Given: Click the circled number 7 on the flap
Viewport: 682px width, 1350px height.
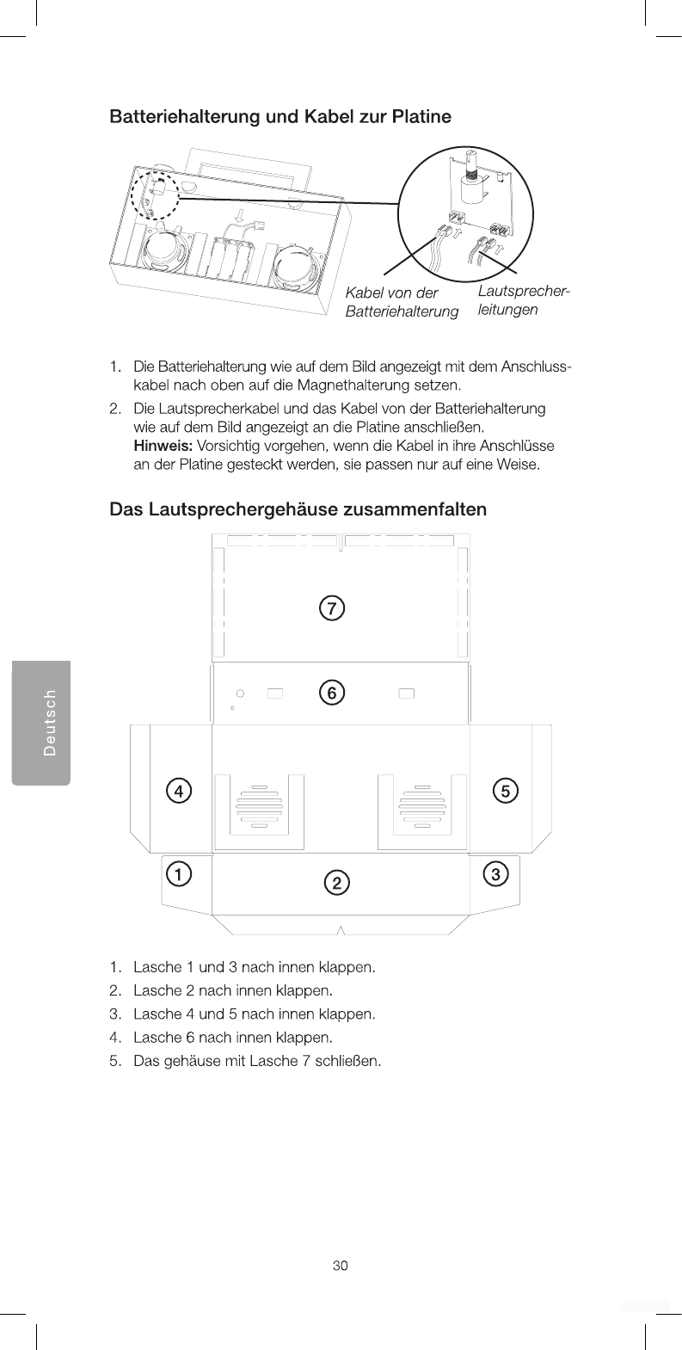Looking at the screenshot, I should pyautogui.click(x=331, y=607).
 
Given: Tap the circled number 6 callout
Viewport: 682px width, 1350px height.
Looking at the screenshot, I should pyautogui.click(x=331, y=692).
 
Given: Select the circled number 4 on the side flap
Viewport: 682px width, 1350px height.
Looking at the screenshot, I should pyautogui.click(x=178, y=790).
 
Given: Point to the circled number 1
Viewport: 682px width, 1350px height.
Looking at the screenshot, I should pyautogui.click(x=178, y=874).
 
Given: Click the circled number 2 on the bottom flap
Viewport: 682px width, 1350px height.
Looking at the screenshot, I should pyautogui.click(x=337, y=883).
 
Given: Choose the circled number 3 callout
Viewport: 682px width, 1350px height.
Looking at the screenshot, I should pyautogui.click(x=496, y=874).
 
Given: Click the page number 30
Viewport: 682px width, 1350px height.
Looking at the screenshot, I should pyautogui.click(x=341, y=1266).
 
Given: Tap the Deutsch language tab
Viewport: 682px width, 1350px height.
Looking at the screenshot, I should pyautogui.click(x=41, y=723).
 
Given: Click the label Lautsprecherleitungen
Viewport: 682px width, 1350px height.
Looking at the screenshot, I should pyautogui.click(x=524, y=300).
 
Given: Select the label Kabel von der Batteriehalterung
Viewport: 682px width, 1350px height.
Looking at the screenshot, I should pyautogui.click(x=401, y=302).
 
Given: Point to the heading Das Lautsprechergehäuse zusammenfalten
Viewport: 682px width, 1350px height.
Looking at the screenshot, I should pyautogui.click(x=298, y=509).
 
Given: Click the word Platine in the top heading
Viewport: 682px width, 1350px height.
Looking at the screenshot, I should pyautogui.click(x=421, y=116).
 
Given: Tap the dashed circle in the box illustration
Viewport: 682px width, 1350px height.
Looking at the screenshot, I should pyautogui.click(x=154, y=194).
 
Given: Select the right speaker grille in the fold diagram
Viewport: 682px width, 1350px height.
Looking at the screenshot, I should pyautogui.click(x=421, y=808).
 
